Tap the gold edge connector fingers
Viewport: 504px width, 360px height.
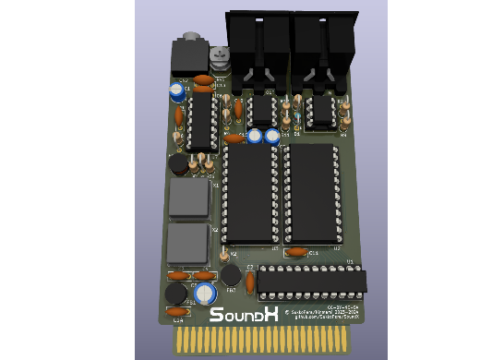tap(264, 341)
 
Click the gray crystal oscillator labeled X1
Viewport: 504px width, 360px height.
tap(189, 198)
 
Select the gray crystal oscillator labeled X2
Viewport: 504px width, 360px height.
tap(187, 244)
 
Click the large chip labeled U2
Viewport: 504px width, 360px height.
tap(311, 194)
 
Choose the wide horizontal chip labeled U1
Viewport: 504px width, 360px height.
tap(311, 282)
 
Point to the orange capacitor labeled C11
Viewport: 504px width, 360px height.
tap(297, 251)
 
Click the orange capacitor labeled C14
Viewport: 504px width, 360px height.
tap(177, 313)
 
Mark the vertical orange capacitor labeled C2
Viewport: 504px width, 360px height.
tap(250, 283)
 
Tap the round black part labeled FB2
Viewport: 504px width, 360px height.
tap(231, 276)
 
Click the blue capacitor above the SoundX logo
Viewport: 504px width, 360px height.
tap(206, 294)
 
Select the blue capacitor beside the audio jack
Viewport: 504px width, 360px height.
tap(176, 91)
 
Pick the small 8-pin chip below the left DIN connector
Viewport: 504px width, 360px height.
tap(263, 110)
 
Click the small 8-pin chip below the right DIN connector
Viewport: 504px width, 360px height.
tap(320, 111)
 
